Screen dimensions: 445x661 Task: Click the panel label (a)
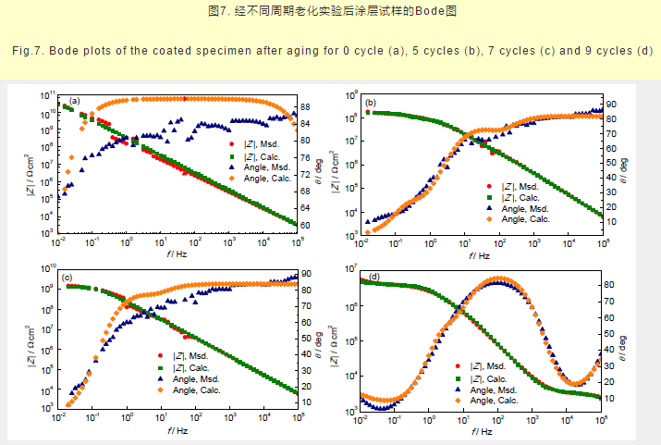(x=74, y=100)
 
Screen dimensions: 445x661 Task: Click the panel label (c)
(x=67, y=278)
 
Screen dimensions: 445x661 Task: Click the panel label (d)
(x=373, y=277)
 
